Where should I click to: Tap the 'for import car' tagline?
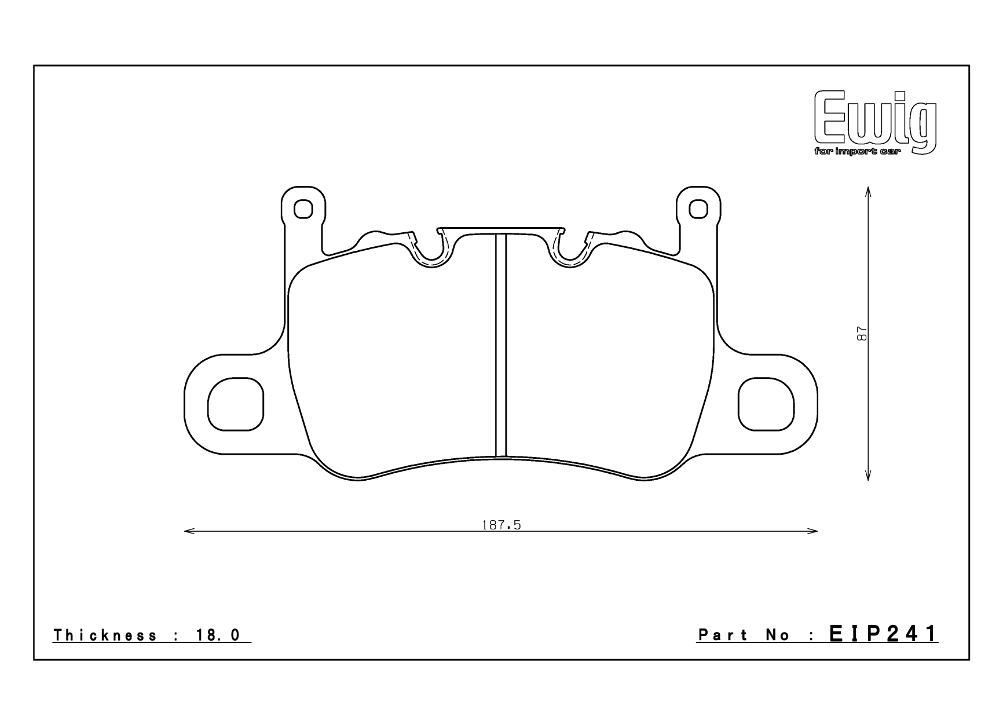(857, 152)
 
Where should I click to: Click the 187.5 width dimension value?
(501, 525)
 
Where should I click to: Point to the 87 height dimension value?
(862, 334)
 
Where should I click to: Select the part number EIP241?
(883, 634)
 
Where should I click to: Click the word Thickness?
(105, 635)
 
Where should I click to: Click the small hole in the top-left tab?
(303, 209)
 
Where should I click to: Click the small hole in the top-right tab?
(699, 209)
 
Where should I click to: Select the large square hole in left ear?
(235, 404)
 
